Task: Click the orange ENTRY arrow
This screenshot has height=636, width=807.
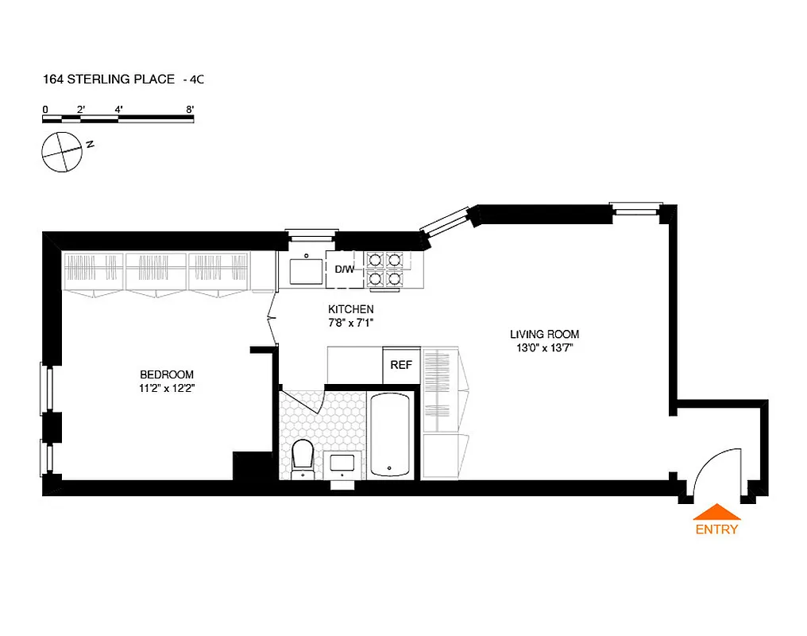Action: [x=716, y=512]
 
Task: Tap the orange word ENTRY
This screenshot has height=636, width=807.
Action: [x=716, y=529]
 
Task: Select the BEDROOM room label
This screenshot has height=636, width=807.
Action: [x=167, y=375]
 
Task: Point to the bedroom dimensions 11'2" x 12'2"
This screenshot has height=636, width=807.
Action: [x=167, y=389]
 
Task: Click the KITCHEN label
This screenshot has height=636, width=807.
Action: [x=350, y=309]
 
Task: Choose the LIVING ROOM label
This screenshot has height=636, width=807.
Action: [x=544, y=335]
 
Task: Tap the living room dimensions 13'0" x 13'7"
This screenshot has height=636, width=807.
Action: [x=544, y=347]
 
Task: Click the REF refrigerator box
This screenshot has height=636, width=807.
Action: [x=401, y=365]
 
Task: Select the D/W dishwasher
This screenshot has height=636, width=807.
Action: [x=345, y=270]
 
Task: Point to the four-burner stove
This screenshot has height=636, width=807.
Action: [x=384, y=269]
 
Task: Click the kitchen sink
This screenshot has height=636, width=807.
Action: [x=306, y=271]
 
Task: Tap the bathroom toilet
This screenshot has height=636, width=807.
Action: [x=303, y=458]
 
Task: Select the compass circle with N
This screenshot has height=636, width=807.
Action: [x=61, y=151]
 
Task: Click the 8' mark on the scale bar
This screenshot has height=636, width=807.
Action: [x=190, y=109]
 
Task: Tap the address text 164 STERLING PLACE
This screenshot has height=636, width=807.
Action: [x=109, y=79]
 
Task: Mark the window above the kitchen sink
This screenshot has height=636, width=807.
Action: [x=312, y=235]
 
